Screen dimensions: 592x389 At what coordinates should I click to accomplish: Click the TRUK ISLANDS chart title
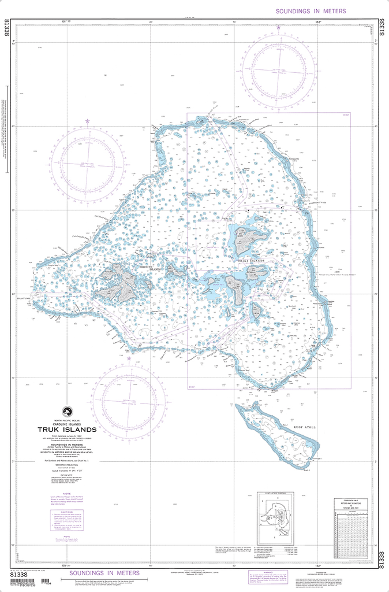(67, 430)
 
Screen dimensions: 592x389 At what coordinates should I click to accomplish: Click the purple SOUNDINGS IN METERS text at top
(311, 11)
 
